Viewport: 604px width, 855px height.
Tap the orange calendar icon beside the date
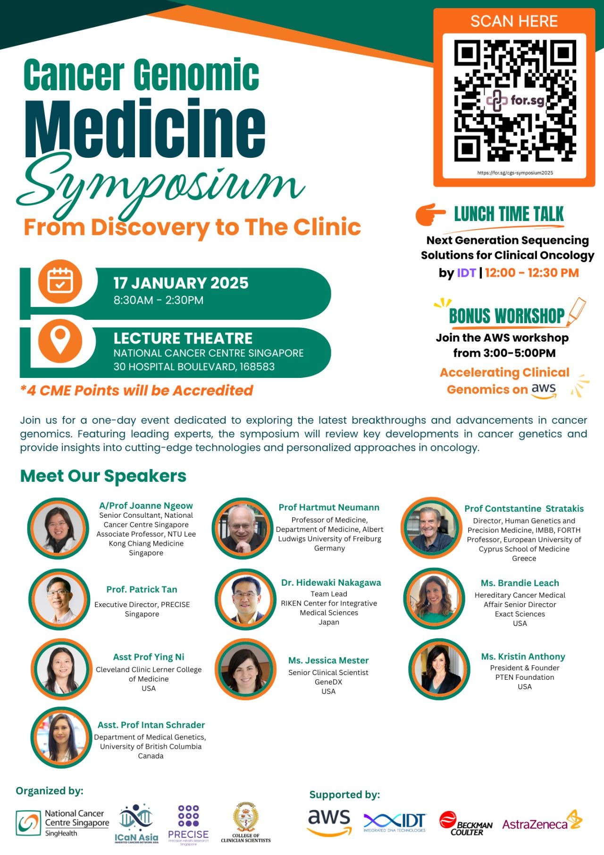point(60,282)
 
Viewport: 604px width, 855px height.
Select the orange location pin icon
point(60,341)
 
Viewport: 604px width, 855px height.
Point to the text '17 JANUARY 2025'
point(181,283)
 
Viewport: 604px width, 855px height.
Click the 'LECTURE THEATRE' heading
point(183,338)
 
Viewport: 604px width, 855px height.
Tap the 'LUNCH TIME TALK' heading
point(509,214)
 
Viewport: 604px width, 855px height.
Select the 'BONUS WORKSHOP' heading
point(506,316)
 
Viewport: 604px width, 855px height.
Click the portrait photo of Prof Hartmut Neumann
point(243,529)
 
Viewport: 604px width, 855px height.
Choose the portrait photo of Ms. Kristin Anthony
point(439,669)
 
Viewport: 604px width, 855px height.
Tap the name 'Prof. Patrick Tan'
point(142,590)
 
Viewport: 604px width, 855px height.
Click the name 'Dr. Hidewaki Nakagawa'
point(331,582)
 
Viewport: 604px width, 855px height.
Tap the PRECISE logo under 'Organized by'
point(188,825)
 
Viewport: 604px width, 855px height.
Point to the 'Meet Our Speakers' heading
point(103,476)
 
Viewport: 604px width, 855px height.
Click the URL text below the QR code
point(515,173)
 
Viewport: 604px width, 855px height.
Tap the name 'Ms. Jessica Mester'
point(328,660)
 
